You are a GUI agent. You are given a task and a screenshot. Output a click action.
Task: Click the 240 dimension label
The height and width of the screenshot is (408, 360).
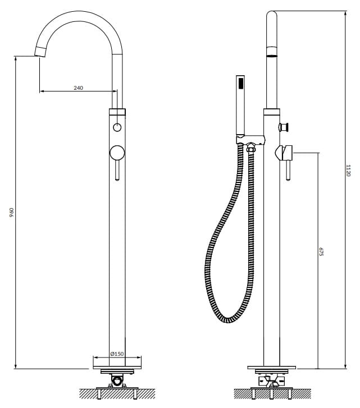point(78,88)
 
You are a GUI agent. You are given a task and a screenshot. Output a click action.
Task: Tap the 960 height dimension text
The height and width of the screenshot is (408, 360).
point(11,212)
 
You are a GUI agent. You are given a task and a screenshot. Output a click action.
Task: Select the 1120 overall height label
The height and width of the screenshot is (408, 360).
point(348,171)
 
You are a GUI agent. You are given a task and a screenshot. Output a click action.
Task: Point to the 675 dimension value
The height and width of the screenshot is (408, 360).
point(321,251)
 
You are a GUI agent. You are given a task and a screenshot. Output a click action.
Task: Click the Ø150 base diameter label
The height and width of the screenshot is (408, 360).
point(117,354)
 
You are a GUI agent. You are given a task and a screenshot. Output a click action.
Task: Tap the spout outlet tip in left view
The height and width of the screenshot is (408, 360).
point(40,52)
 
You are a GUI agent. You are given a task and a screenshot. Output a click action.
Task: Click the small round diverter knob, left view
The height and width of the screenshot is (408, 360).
point(117,127)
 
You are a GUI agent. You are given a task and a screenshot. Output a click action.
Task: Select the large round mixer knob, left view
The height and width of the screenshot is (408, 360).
point(117,153)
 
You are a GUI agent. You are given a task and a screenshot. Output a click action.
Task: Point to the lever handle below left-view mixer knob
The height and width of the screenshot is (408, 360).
point(117,170)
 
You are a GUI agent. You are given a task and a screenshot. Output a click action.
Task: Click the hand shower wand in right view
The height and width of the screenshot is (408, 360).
point(240,105)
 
